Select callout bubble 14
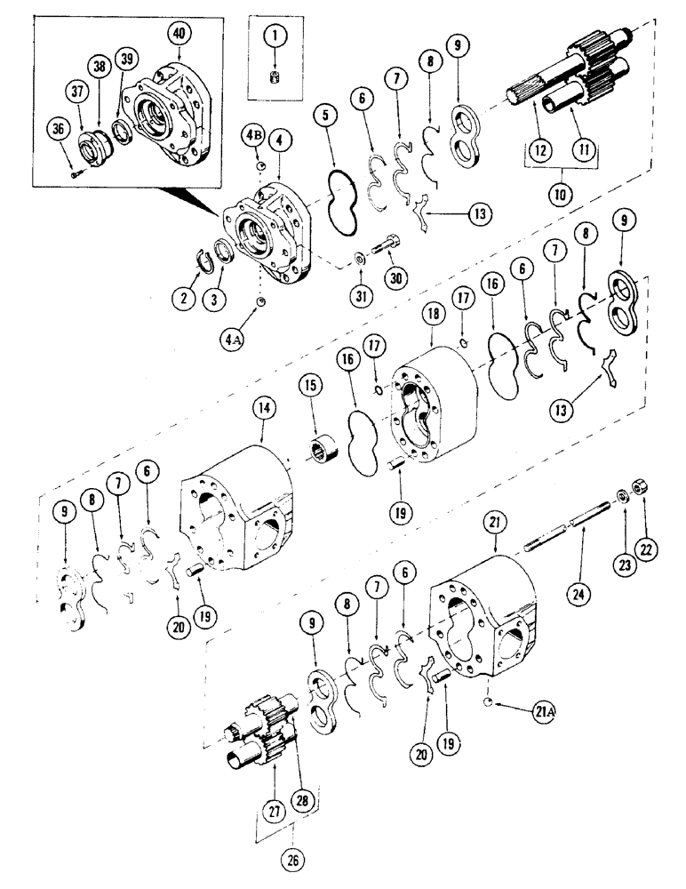(265, 411)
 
